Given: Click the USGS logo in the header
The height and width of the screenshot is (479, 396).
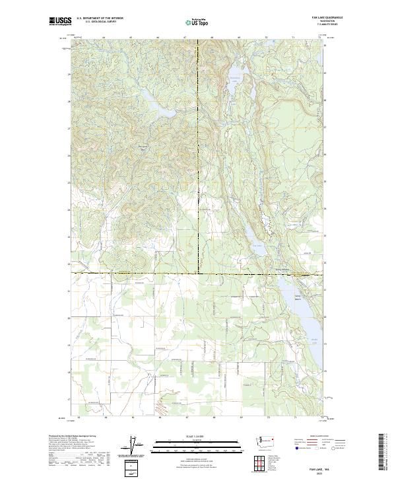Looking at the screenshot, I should coord(61,22).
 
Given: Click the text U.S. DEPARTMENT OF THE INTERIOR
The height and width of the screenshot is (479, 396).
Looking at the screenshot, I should coord(100,18).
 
